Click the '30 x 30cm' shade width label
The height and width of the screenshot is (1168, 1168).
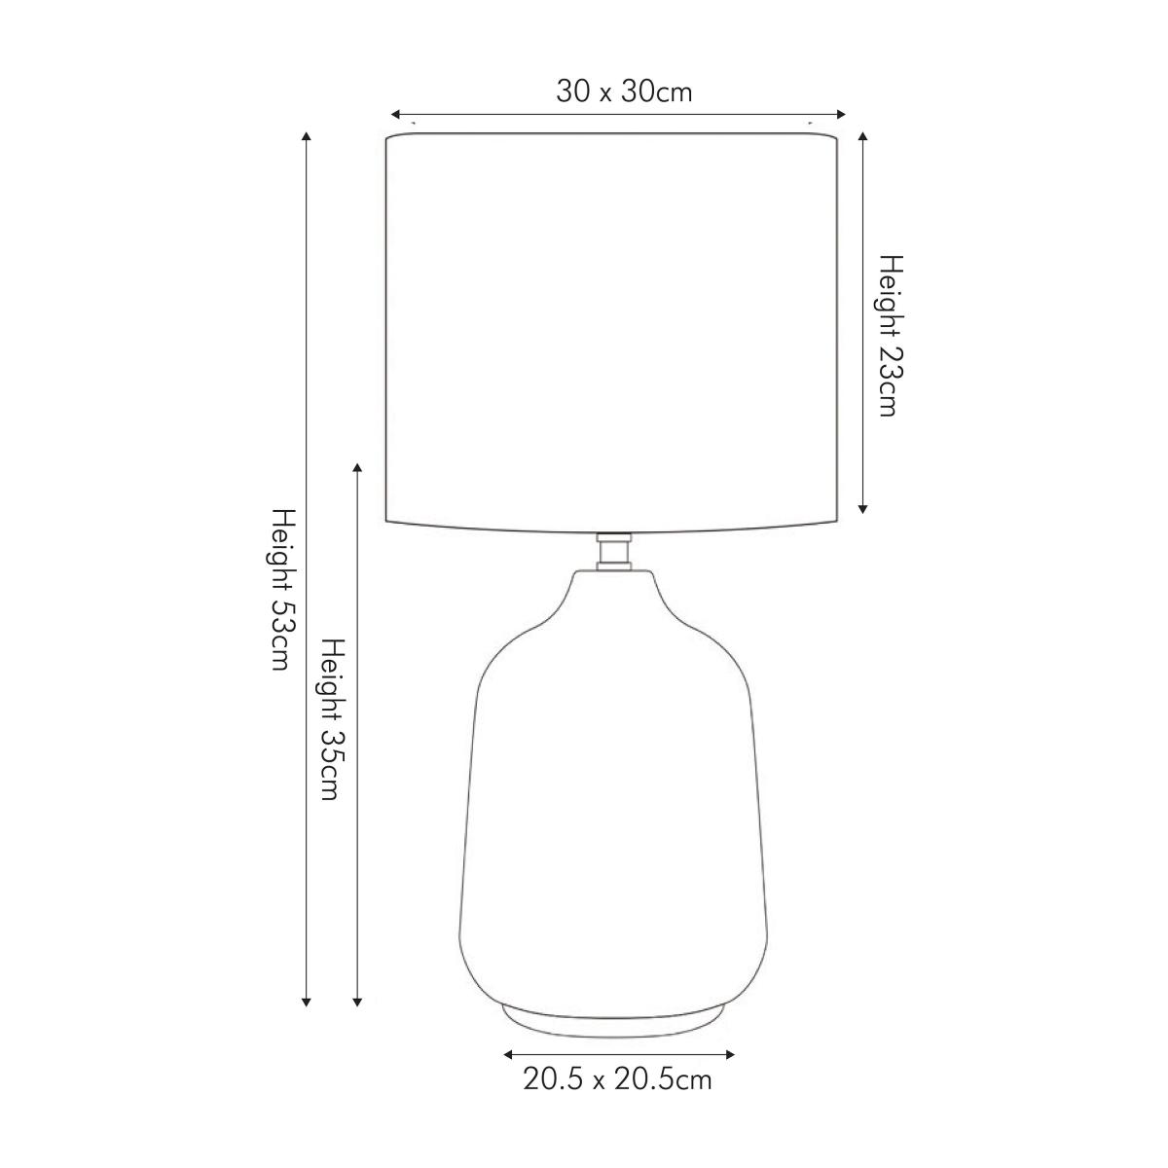pos(624,92)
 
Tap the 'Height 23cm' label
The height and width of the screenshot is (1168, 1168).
pos(891,336)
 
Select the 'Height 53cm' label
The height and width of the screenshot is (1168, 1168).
pos(282,590)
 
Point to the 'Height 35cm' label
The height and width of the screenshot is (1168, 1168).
pos(333,719)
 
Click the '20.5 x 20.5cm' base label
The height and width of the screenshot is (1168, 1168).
pos(617,1079)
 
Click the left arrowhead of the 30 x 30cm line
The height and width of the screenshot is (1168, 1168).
pos(395,114)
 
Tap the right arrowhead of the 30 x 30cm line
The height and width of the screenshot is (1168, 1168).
pos(840,114)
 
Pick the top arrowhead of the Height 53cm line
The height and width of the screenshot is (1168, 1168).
pos(306,136)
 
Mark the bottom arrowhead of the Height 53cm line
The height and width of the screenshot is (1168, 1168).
pos(306,1002)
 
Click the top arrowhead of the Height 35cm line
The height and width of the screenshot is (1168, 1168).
pos(357,468)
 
